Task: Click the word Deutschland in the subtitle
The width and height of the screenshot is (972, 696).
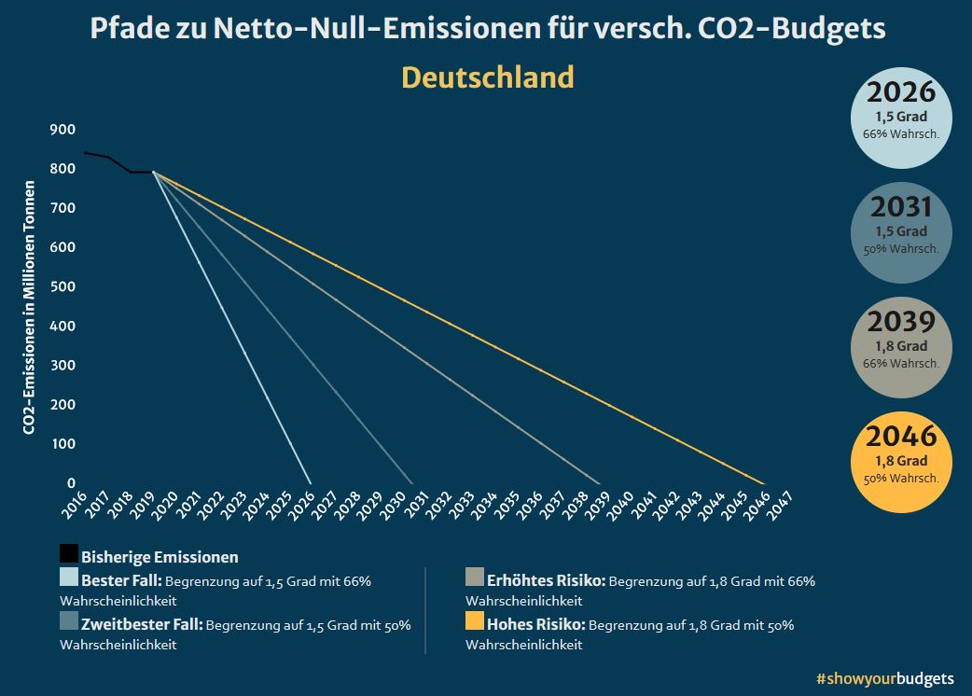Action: click(487, 77)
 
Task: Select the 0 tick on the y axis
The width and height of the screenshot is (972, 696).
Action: click(71, 482)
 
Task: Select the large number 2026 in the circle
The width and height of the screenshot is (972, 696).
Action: click(901, 92)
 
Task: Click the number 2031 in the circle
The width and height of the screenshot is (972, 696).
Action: click(901, 206)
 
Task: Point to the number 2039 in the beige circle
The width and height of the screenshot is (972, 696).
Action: click(901, 322)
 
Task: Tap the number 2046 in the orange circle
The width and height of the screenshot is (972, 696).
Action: click(901, 436)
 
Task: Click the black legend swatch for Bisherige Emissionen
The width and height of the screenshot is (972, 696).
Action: click(69, 554)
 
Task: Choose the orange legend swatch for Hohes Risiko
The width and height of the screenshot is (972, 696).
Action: click(475, 621)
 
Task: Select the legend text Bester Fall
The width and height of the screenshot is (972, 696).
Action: click(121, 581)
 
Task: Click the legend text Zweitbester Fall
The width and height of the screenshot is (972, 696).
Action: click(141, 624)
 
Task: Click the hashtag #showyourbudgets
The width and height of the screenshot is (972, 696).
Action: click(884, 677)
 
